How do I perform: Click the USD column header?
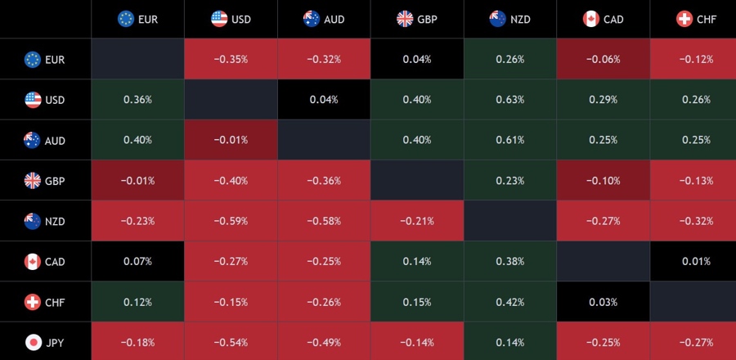coord(231,18)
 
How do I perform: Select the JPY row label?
coord(45,342)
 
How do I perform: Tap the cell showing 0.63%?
coord(510,100)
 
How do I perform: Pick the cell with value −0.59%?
coord(231,221)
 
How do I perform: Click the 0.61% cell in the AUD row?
coord(510,140)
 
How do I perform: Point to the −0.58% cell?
coord(324,221)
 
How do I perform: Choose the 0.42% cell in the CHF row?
coord(510,302)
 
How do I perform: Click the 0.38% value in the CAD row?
coord(510,262)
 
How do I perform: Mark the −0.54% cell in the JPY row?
coord(231,342)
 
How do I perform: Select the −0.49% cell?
coord(324,342)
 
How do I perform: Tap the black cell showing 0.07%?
coord(137,262)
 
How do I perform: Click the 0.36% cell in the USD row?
coord(137,100)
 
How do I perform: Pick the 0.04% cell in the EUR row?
coord(417,59)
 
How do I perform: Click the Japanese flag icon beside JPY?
coord(33,342)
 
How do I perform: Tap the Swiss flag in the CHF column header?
coord(684,18)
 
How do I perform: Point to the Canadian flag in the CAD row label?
coord(33,262)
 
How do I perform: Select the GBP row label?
coord(45,181)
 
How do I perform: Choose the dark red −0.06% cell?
coord(604,59)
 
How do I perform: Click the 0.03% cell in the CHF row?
coord(604,302)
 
